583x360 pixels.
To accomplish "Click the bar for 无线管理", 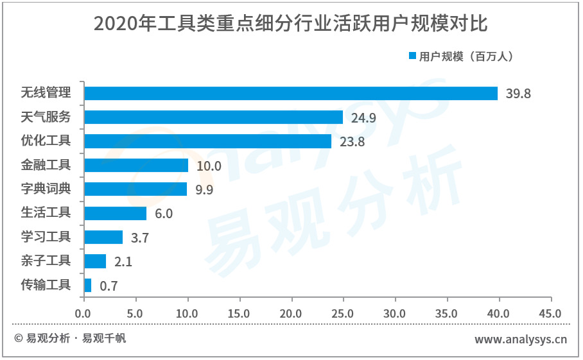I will click(x=291, y=93).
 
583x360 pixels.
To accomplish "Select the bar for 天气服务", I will click(x=214, y=117).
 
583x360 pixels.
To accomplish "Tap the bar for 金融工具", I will click(x=136, y=166).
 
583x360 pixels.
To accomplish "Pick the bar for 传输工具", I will click(x=88, y=285).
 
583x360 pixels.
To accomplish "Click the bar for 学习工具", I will click(x=103, y=237).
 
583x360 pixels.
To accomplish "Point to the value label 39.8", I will click(x=518, y=94).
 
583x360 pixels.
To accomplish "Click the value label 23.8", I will click(x=352, y=142).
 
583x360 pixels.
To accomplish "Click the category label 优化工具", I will click(x=46, y=141).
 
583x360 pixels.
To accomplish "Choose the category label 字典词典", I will click(x=46, y=189).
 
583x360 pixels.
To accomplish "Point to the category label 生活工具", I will click(x=46, y=212).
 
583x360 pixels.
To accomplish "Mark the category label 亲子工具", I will click(x=46, y=261).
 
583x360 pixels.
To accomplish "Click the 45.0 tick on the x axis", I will click(x=550, y=314).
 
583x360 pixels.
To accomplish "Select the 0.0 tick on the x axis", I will click(x=83, y=314).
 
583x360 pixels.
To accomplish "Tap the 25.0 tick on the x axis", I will click(x=343, y=314).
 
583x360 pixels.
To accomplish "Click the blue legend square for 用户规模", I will click(x=413, y=56).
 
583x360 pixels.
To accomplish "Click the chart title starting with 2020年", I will click(x=291, y=24).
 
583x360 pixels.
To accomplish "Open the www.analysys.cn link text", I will click(x=521, y=339).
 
